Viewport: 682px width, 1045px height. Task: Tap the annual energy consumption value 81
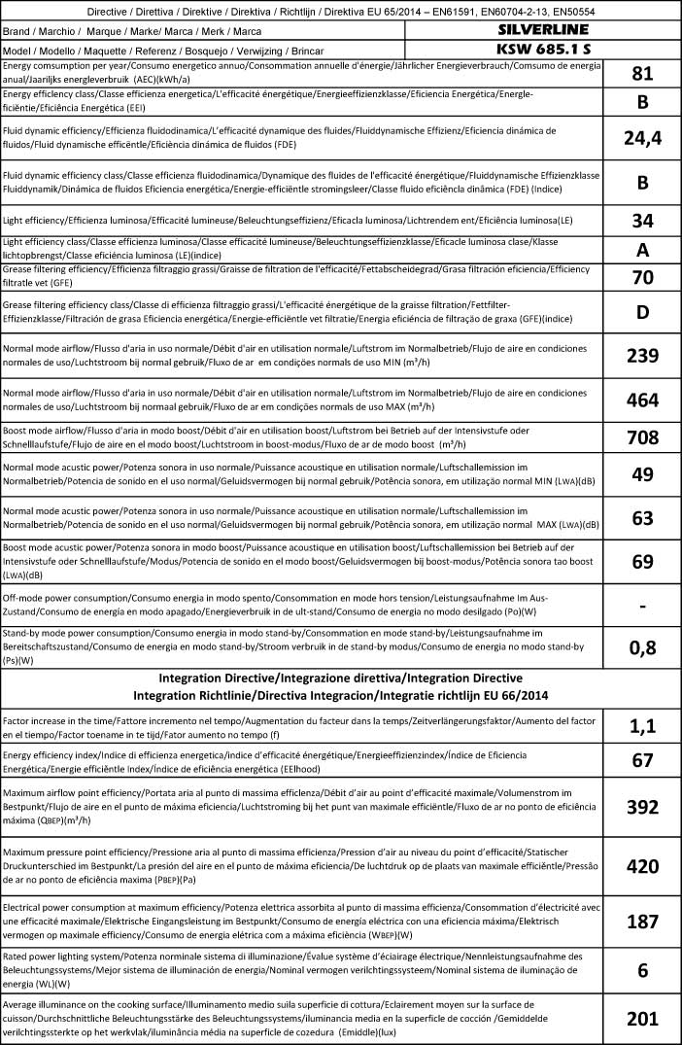pyautogui.click(x=641, y=74)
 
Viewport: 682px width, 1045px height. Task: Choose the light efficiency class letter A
pyautogui.click(x=641, y=250)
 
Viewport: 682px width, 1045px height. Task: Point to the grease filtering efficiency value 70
pyautogui.click(x=641, y=278)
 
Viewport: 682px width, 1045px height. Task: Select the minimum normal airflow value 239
pyautogui.click(x=641, y=356)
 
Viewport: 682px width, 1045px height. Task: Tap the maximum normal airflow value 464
pyautogui.click(x=641, y=400)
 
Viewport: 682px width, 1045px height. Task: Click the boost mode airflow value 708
pyautogui.click(x=641, y=437)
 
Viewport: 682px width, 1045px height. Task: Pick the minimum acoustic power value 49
pyautogui.click(x=641, y=474)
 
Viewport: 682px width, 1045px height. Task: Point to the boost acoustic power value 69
pyautogui.click(x=641, y=561)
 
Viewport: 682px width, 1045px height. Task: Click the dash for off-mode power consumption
pyautogui.click(x=641, y=605)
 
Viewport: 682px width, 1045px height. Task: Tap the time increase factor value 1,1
pyautogui.click(x=641, y=725)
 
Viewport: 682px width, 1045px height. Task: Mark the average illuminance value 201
pyautogui.click(x=641, y=1019)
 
